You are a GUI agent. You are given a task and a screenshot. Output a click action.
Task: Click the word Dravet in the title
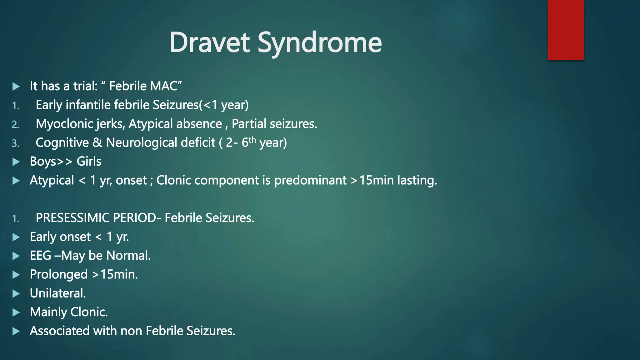pyautogui.click(x=209, y=42)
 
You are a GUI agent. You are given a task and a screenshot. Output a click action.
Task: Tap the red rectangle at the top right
pyautogui.click(x=566, y=30)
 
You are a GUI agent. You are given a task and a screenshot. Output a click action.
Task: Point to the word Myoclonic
pyautogui.click(x=64, y=124)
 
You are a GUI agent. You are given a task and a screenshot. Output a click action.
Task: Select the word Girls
pyautogui.click(x=89, y=162)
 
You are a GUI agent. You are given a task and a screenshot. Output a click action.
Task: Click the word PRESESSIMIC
pyautogui.click(x=73, y=218)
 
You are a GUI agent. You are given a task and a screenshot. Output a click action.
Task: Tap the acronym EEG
pyautogui.click(x=40, y=256)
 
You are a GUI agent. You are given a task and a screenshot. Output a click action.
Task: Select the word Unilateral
pyautogui.click(x=57, y=293)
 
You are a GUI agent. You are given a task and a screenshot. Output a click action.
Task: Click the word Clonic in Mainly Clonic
pyautogui.click(x=89, y=312)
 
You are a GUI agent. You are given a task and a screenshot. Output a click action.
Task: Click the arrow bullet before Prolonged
pyautogui.click(x=16, y=275)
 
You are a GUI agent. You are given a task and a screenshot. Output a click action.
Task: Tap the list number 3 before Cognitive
pyautogui.click(x=15, y=143)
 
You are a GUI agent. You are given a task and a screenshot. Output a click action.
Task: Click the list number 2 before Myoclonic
pyautogui.click(x=15, y=125)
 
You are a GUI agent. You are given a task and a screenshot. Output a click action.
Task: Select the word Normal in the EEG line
pyautogui.click(x=128, y=256)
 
